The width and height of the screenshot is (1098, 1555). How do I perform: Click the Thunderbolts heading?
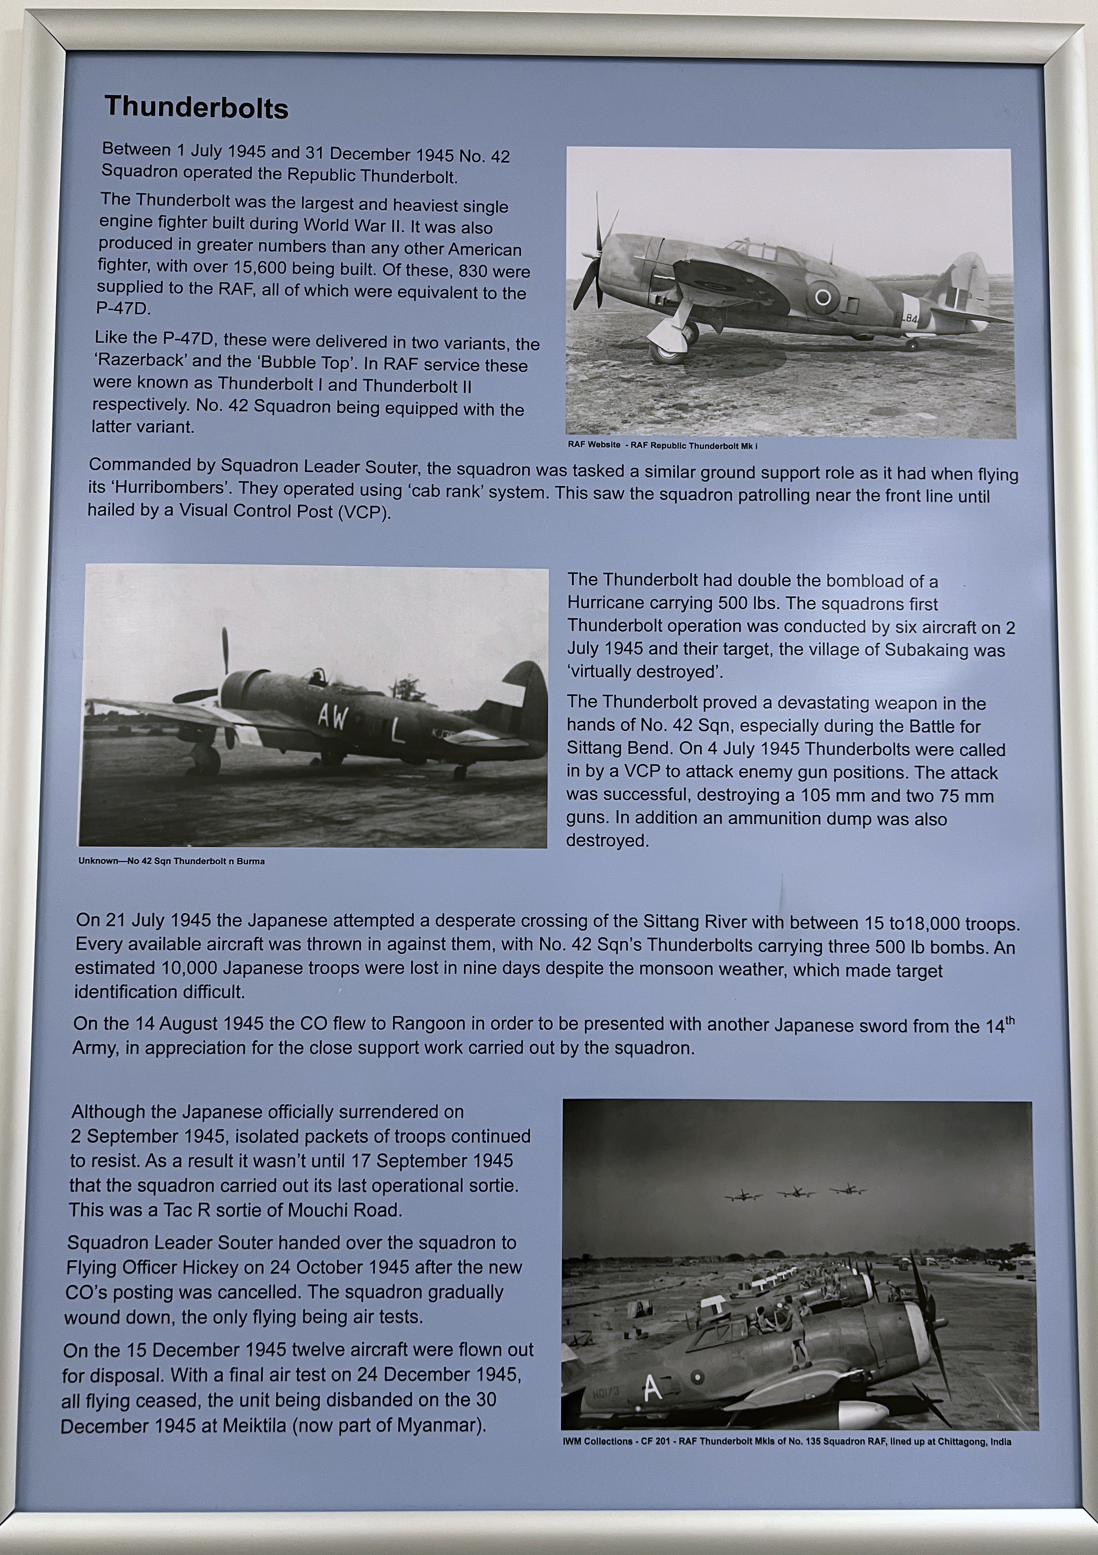point(196,108)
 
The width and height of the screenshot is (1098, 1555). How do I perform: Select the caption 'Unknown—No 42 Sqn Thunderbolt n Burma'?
point(171,861)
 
